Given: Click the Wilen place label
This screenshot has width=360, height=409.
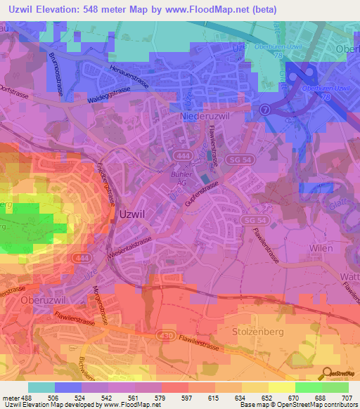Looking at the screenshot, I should [x=321, y=249].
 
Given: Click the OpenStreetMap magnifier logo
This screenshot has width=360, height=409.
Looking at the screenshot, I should [x=328, y=373].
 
